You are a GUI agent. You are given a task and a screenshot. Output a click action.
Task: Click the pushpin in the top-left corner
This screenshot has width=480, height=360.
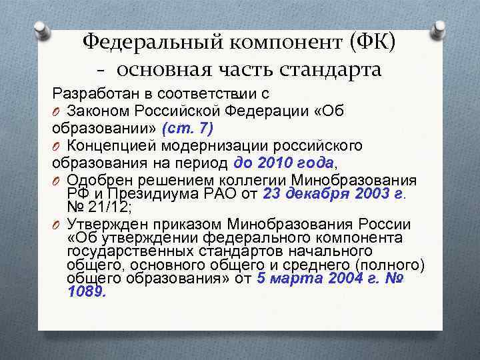point(41,30)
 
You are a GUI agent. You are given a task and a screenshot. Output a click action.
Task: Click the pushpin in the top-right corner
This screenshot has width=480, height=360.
point(439,29)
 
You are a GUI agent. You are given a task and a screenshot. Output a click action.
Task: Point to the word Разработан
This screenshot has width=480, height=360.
point(87,93)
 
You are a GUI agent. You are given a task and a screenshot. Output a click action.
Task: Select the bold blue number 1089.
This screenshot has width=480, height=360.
point(86,291)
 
